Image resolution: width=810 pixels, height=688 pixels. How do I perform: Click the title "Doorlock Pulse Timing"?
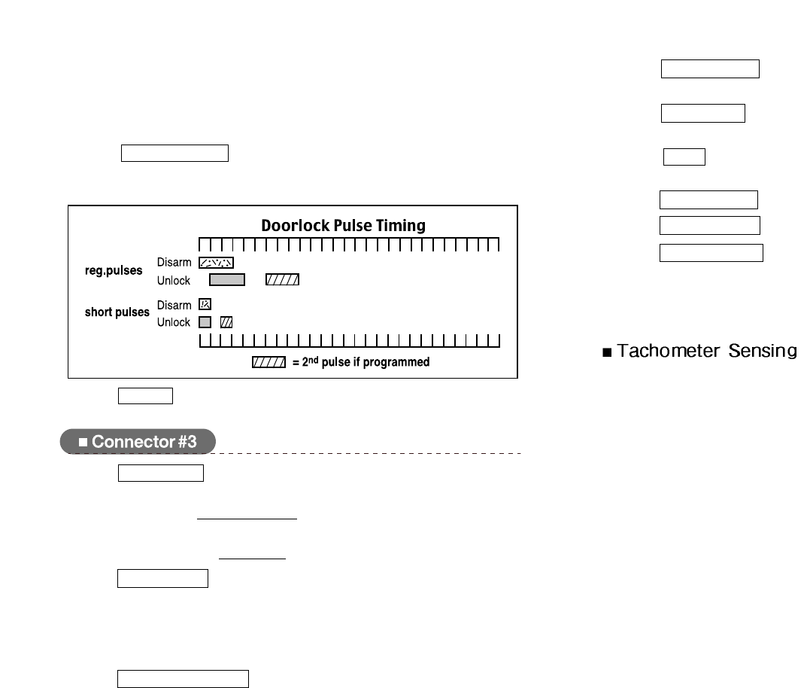click(x=343, y=225)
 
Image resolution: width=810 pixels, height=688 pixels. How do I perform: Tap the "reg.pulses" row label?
click(x=114, y=271)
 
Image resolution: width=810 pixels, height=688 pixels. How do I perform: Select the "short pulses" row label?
click(x=117, y=312)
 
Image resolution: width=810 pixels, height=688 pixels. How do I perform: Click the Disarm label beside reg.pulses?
click(x=174, y=263)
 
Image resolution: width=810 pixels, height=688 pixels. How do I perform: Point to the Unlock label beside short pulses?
click(x=174, y=322)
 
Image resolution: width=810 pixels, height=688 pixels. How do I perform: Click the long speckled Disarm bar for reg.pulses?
click(x=216, y=263)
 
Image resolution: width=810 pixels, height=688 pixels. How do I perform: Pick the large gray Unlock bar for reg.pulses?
click(x=227, y=280)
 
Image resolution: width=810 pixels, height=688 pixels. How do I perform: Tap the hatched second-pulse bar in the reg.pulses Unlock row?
click(x=283, y=280)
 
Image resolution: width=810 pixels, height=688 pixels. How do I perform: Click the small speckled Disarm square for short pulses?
click(x=205, y=305)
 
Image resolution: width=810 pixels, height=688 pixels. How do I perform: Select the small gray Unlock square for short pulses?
click(x=205, y=322)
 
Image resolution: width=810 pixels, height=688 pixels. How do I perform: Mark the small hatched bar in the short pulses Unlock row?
click(x=226, y=322)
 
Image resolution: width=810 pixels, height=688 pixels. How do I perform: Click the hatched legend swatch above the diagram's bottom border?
click(x=268, y=362)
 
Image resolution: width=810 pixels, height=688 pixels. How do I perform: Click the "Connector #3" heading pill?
click(x=138, y=442)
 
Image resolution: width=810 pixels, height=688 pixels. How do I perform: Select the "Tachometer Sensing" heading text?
click(x=706, y=351)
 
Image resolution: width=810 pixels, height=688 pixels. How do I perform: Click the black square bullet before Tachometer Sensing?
click(x=607, y=352)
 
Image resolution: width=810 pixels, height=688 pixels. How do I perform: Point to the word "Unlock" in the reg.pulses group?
click(x=174, y=280)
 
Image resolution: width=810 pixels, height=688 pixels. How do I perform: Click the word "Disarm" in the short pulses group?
click(x=174, y=305)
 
